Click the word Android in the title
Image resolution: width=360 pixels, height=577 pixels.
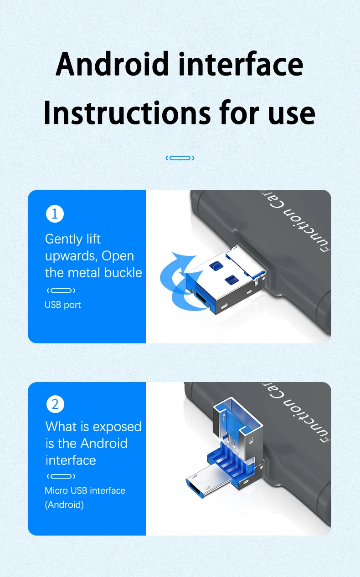click(x=112, y=64)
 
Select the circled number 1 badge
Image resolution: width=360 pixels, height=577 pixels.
click(x=55, y=214)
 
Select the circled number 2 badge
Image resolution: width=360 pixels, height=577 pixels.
click(x=55, y=404)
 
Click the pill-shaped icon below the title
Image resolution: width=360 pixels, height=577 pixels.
click(x=180, y=158)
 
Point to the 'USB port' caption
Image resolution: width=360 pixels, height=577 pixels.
click(x=62, y=305)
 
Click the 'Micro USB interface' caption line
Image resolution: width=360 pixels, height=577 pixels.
click(x=85, y=490)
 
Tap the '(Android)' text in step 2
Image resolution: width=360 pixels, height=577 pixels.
click(x=64, y=505)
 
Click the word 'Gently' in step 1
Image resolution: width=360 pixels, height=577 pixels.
click(x=64, y=239)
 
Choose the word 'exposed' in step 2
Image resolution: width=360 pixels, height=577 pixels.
click(x=117, y=427)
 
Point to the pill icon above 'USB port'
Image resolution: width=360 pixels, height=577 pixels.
click(x=61, y=291)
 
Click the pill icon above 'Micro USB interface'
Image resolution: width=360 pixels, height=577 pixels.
click(x=61, y=476)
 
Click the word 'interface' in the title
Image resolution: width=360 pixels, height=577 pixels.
click(x=241, y=64)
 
